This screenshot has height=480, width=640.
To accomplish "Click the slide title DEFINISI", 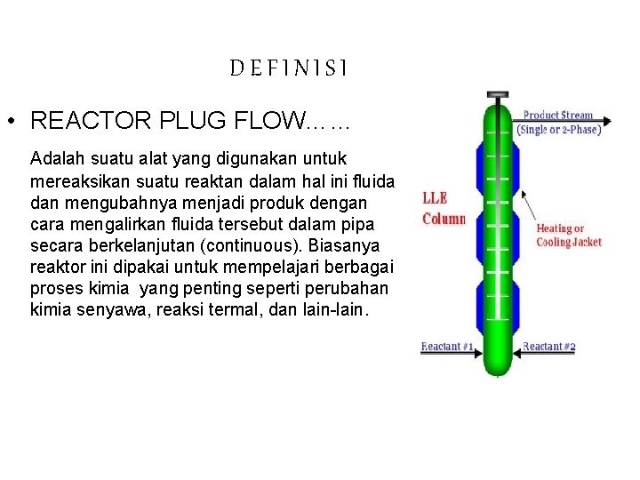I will (x=289, y=68).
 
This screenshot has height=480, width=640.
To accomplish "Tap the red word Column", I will (x=444, y=219).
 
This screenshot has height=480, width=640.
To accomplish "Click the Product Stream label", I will (x=557, y=115).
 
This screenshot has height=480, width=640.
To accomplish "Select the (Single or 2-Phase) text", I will (x=558, y=129).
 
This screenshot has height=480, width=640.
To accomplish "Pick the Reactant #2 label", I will (x=548, y=347).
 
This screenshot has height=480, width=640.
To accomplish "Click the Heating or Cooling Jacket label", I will (x=568, y=235).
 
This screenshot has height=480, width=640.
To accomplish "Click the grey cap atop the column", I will (x=497, y=93).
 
